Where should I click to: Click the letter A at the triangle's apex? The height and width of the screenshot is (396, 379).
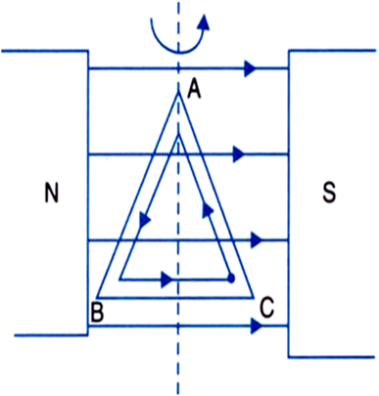tap(193, 90)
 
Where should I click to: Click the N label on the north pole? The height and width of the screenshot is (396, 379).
tap(53, 193)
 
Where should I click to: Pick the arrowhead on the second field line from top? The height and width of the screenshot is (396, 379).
tap(237, 154)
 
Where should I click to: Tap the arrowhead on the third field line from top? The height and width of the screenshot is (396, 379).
tap(258, 239)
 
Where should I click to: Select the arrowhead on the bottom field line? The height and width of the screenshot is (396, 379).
tap(256, 325)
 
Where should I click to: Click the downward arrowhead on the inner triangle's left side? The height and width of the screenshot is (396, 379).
tap(145, 222)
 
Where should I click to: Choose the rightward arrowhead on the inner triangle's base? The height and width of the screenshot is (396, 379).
tap(166, 279)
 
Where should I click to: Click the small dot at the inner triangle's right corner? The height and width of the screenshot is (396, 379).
tap(230, 279)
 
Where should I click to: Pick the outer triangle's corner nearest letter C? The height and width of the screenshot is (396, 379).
tap(255, 295)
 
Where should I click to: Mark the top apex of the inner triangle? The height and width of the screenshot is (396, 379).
tap(177, 136)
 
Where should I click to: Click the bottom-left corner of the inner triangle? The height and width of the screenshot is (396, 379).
tap(119, 279)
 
